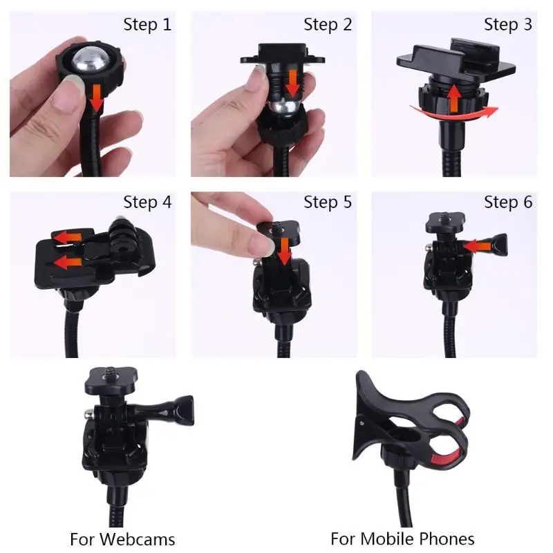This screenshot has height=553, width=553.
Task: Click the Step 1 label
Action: click(x=147, y=25)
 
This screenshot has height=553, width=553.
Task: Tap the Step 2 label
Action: click(x=328, y=25)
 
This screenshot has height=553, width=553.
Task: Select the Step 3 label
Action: click(x=508, y=25)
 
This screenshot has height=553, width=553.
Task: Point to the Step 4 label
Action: click(x=147, y=202)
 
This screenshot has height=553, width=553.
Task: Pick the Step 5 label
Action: click(x=328, y=202)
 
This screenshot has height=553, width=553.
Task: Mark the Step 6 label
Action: click(x=508, y=202)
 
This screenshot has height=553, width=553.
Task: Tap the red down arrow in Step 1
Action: click(x=96, y=97)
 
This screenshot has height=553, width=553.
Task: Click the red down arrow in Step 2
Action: click(x=292, y=83)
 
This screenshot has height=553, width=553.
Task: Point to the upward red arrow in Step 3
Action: click(x=455, y=99)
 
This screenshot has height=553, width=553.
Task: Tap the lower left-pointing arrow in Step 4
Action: click(x=68, y=263)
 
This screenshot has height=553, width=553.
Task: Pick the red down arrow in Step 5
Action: click(x=284, y=251)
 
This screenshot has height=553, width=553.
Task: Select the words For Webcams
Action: click(x=122, y=539)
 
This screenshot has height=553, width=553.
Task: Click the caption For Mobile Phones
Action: click(x=402, y=539)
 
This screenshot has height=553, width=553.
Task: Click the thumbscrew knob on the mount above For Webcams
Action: click(x=184, y=411)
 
